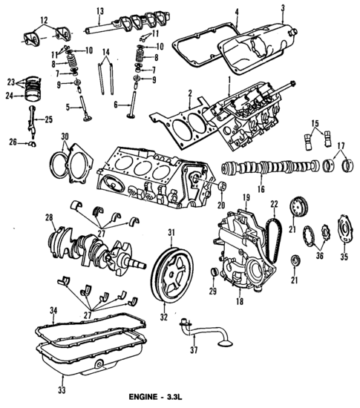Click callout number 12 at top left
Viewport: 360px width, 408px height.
tap(23, 19)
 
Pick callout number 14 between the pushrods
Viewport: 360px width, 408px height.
tap(106, 52)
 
